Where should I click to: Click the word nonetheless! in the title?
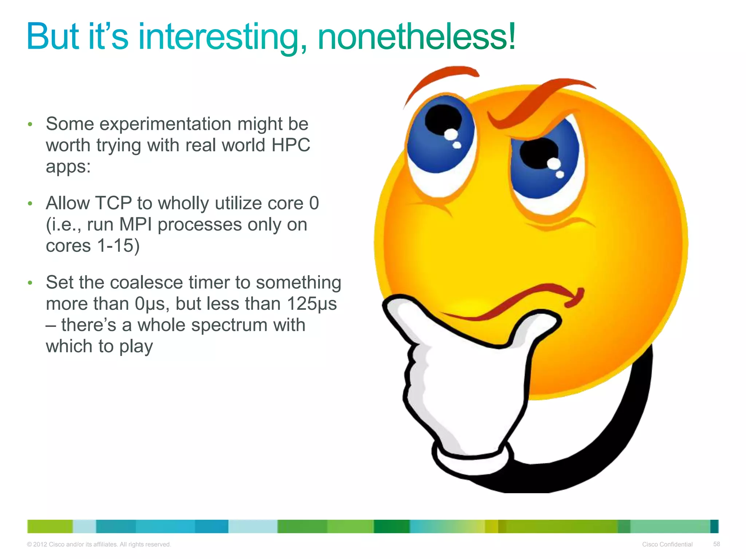point(416,37)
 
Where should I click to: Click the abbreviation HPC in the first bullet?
point(291,145)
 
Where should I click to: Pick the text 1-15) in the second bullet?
point(118,246)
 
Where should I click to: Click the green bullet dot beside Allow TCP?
point(30,204)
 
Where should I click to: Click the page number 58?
point(716,544)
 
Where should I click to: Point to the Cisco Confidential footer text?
point(667,544)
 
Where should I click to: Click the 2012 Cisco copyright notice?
point(99,544)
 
